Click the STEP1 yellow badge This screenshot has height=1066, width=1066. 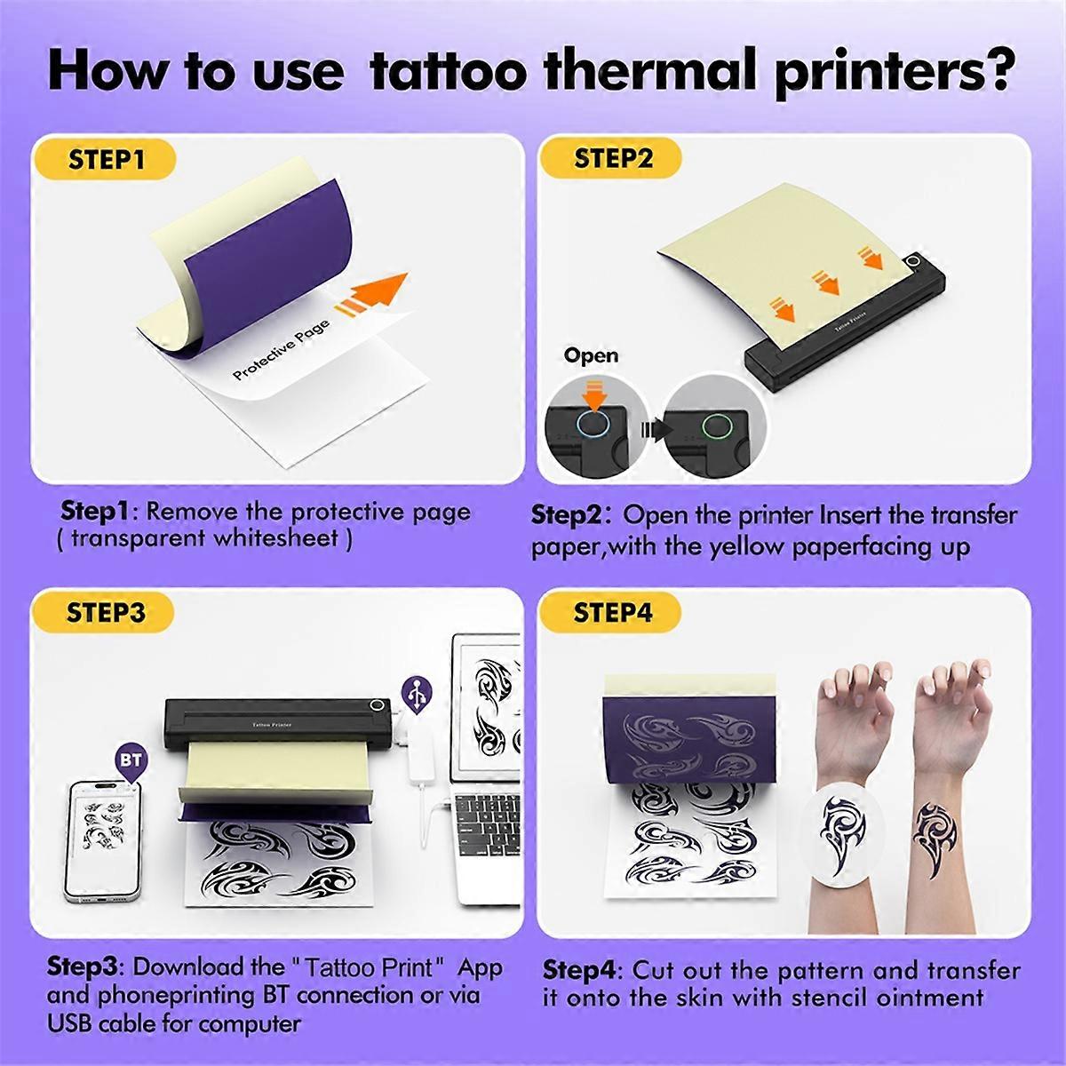click(106, 161)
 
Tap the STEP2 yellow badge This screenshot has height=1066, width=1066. click(613, 159)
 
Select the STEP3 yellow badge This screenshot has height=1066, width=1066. click(106, 613)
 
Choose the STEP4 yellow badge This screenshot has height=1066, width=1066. click(613, 613)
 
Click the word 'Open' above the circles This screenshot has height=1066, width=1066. click(592, 355)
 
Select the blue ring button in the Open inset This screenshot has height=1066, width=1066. click(593, 425)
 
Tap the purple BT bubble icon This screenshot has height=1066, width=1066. click(131, 762)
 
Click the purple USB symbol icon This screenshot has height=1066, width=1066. click(418, 690)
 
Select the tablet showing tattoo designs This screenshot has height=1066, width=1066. click(487, 702)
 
